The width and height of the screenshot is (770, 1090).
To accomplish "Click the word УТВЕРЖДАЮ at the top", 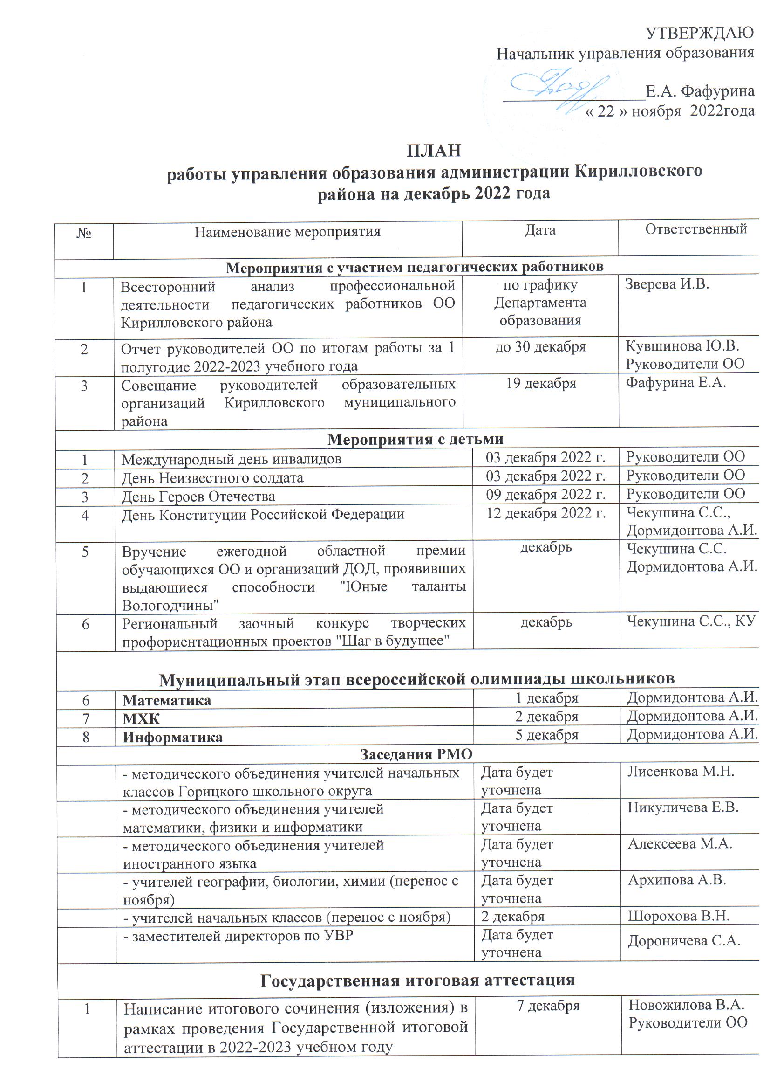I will click(700, 33).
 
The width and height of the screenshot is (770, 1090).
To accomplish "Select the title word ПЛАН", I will click(434, 151).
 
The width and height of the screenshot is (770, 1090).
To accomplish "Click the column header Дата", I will click(540, 231).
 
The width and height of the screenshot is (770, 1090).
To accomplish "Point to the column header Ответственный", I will click(695, 229).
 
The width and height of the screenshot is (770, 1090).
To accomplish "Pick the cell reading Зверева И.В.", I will click(667, 284).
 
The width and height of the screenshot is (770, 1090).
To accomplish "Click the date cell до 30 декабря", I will click(540, 347).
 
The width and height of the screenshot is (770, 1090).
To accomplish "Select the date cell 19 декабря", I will click(541, 384).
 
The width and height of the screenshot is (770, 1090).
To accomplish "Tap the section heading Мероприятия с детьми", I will click(415, 440).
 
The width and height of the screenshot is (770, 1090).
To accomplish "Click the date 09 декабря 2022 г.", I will click(545, 495).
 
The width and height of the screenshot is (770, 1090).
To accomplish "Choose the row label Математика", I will click(167, 701).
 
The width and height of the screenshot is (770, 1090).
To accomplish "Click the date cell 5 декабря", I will click(546, 735).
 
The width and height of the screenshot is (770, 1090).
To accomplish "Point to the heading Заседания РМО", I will click(416, 754).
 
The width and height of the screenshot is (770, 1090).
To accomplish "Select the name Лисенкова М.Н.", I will click(681, 772).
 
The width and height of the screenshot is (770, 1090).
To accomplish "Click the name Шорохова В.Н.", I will click(678, 916).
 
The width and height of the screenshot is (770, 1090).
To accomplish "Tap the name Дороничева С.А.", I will click(684, 941).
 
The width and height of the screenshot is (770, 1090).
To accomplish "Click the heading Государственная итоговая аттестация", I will click(417, 980).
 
